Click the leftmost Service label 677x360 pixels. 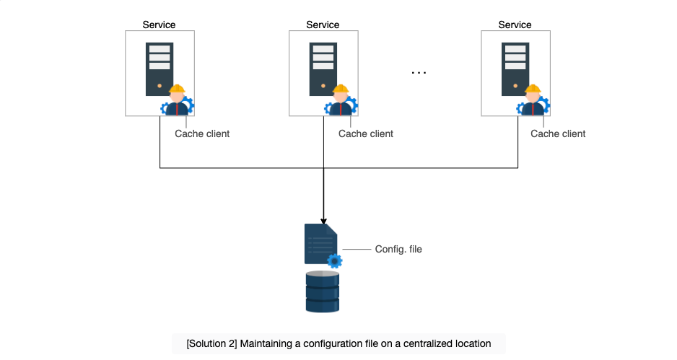click(159, 25)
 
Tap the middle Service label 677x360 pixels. click(323, 25)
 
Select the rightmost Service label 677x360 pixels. click(515, 25)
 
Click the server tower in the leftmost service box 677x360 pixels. click(160, 69)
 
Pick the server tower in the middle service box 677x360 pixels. click(323, 69)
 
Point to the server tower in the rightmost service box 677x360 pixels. click(515, 69)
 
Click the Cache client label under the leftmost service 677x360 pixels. click(202, 133)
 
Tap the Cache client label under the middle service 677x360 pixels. click(366, 133)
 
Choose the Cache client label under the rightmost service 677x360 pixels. click(558, 133)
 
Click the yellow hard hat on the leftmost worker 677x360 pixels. click(177, 89)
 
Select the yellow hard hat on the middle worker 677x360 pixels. click(341, 89)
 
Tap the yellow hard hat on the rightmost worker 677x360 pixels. click(533, 89)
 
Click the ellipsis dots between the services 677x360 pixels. click(419, 73)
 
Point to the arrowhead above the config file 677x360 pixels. click(323, 221)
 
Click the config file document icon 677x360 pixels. click(320, 244)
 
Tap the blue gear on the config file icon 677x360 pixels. click(335, 261)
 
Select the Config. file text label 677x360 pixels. click(398, 249)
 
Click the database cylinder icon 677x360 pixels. click(323, 291)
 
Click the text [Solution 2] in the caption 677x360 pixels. click(211, 343)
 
